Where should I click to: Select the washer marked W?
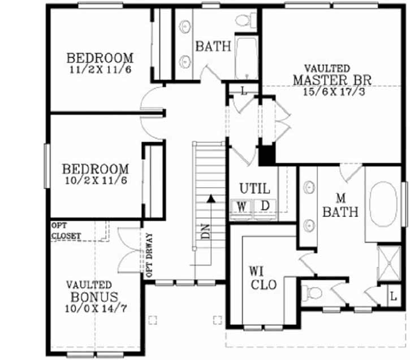(241, 206)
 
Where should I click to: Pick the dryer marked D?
(265, 206)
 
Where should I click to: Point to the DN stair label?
(205, 232)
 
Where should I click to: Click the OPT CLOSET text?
(67, 230)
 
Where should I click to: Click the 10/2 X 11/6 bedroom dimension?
(95, 180)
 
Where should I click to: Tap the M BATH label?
(341, 206)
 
